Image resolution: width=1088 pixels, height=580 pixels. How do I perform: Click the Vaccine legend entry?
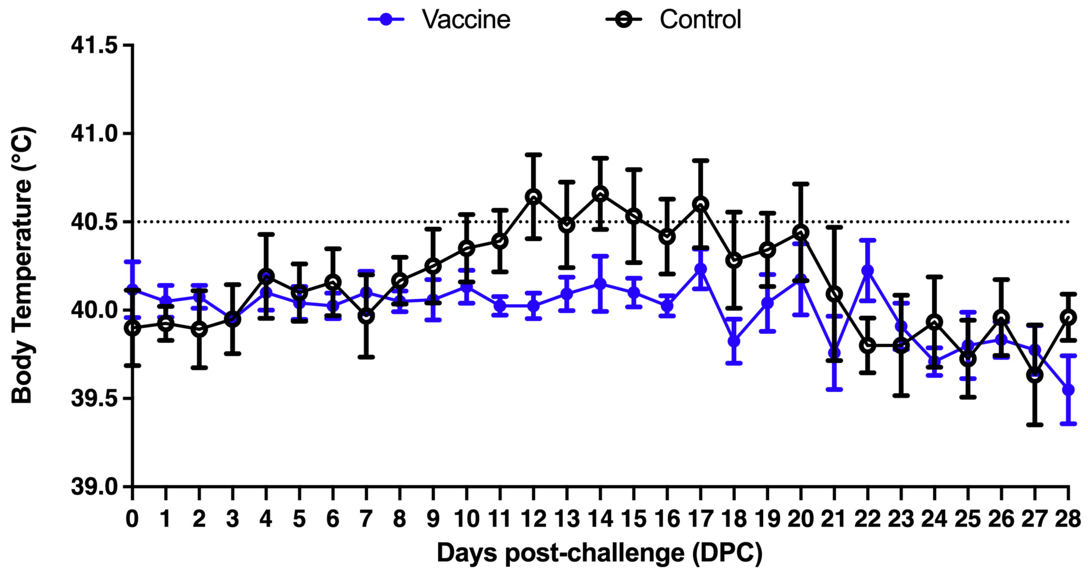(x=439, y=19)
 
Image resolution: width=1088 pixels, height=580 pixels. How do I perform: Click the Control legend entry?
(x=674, y=19)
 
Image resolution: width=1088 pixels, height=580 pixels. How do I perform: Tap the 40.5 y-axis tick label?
(x=94, y=222)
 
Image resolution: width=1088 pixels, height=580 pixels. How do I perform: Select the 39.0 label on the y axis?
(x=94, y=487)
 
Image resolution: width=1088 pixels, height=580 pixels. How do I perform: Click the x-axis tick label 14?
(x=600, y=519)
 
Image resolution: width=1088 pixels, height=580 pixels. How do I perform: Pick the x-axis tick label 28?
(x=1068, y=519)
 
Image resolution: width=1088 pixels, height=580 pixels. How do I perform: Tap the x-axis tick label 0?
(x=132, y=519)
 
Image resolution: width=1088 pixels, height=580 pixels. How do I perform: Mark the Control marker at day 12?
(x=534, y=197)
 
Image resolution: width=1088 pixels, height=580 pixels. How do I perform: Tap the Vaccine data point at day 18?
(x=734, y=341)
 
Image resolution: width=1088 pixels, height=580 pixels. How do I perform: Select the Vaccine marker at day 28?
(x=1068, y=390)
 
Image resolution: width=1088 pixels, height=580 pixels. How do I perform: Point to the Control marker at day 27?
(x=1035, y=375)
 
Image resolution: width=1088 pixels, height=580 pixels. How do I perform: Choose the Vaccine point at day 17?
(x=701, y=269)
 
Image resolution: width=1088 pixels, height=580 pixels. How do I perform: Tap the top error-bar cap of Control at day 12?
(x=534, y=154)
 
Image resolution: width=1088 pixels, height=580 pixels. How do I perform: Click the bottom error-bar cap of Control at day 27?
(x=1035, y=425)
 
